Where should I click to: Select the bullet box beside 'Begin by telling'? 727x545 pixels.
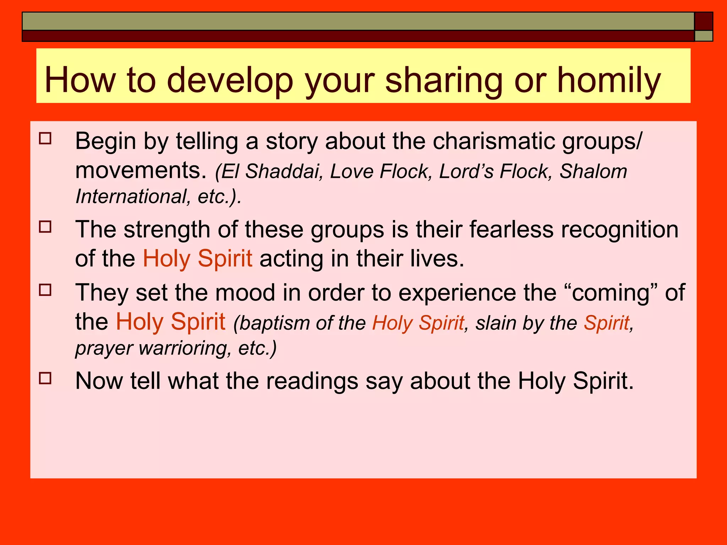pos(45,138)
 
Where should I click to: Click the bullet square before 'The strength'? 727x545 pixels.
pos(45,226)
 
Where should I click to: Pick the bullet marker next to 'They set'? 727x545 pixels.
pos(45,290)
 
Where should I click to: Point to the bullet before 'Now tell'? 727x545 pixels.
pos(45,378)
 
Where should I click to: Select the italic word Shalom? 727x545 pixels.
pos(593,171)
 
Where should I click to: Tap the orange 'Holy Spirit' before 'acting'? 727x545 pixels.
pos(197,258)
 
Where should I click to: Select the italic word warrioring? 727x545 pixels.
pos(182,348)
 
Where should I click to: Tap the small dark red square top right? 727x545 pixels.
pos(703,21)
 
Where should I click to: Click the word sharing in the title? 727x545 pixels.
pos(444,81)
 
